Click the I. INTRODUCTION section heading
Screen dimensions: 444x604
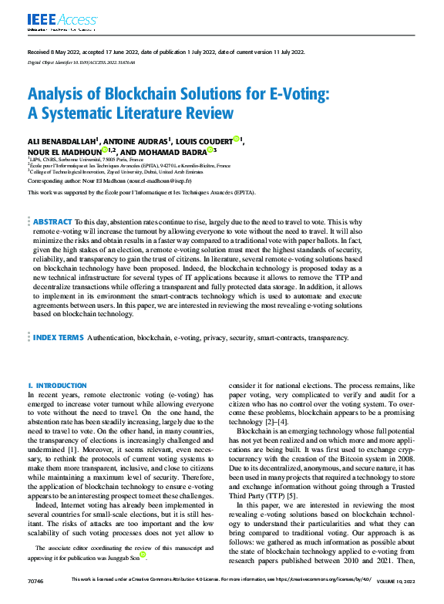(x=56, y=385)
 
